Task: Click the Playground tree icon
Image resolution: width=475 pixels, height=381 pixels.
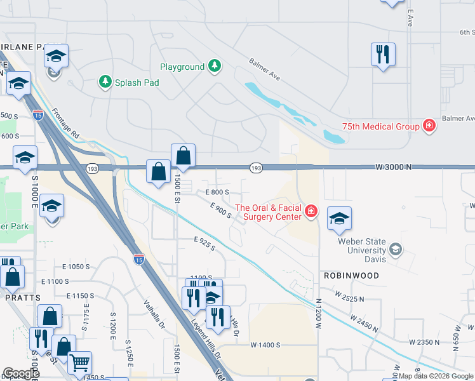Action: click(215, 67)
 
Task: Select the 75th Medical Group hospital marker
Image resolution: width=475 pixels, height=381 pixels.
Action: click(430, 126)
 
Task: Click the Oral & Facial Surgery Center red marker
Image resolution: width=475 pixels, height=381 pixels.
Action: click(311, 211)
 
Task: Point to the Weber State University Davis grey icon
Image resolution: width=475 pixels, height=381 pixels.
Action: click(396, 248)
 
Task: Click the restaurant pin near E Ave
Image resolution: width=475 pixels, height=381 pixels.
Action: click(383, 55)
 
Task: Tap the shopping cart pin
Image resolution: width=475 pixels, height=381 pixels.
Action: click(79, 363)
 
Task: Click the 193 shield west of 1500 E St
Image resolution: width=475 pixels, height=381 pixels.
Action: click(91, 167)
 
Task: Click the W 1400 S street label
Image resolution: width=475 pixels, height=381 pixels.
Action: click(265, 345)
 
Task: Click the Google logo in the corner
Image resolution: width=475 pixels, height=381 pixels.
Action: click(21, 373)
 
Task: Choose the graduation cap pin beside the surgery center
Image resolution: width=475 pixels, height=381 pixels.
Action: click(339, 218)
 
